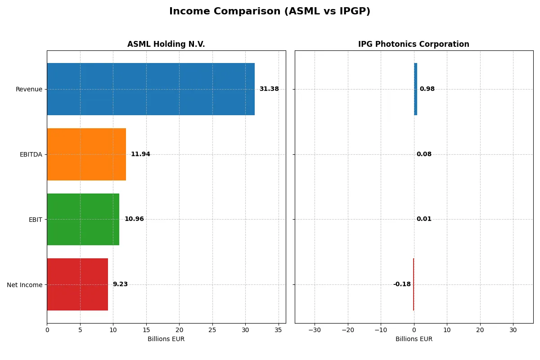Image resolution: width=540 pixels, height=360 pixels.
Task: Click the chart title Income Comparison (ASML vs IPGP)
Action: (x=270, y=12)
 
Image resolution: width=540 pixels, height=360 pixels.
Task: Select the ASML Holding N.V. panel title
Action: (x=166, y=44)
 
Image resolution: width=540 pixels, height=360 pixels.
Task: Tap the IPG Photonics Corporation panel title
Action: (x=414, y=44)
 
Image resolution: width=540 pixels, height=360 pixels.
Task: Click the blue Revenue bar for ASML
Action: (x=151, y=89)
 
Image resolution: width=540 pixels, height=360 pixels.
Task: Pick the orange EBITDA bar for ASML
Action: (x=86, y=154)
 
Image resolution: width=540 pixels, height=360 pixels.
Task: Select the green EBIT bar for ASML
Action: (x=83, y=219)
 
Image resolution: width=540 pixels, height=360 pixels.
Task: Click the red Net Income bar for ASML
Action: (x=77, y=284)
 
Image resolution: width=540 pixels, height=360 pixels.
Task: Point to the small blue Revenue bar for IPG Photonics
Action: (x=415, y=89)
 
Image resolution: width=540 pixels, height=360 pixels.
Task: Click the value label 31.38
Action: (x=269, y=89)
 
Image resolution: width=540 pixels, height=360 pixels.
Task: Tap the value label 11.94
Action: (x=140, y=154)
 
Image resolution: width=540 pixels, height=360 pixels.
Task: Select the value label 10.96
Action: (x=134, y=219)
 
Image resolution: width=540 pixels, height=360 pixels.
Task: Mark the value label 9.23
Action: (x=120, y=284)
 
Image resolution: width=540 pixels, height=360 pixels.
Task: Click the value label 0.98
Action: (x=427, y=89)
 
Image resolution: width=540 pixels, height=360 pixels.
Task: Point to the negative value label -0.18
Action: (x=402, y=284)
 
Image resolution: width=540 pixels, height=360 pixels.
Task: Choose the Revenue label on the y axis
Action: (x=29, y=89)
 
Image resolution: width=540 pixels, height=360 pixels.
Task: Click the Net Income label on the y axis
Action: (x=25, y=284)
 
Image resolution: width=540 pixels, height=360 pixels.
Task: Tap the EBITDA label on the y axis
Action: (x=31, y=154)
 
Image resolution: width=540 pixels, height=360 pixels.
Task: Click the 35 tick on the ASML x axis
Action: (x=279, y=330)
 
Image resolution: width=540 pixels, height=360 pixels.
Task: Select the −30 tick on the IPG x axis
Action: (x=314, y=330)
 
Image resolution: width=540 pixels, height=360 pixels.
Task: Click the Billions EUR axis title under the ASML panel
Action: (x=166, y=339)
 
